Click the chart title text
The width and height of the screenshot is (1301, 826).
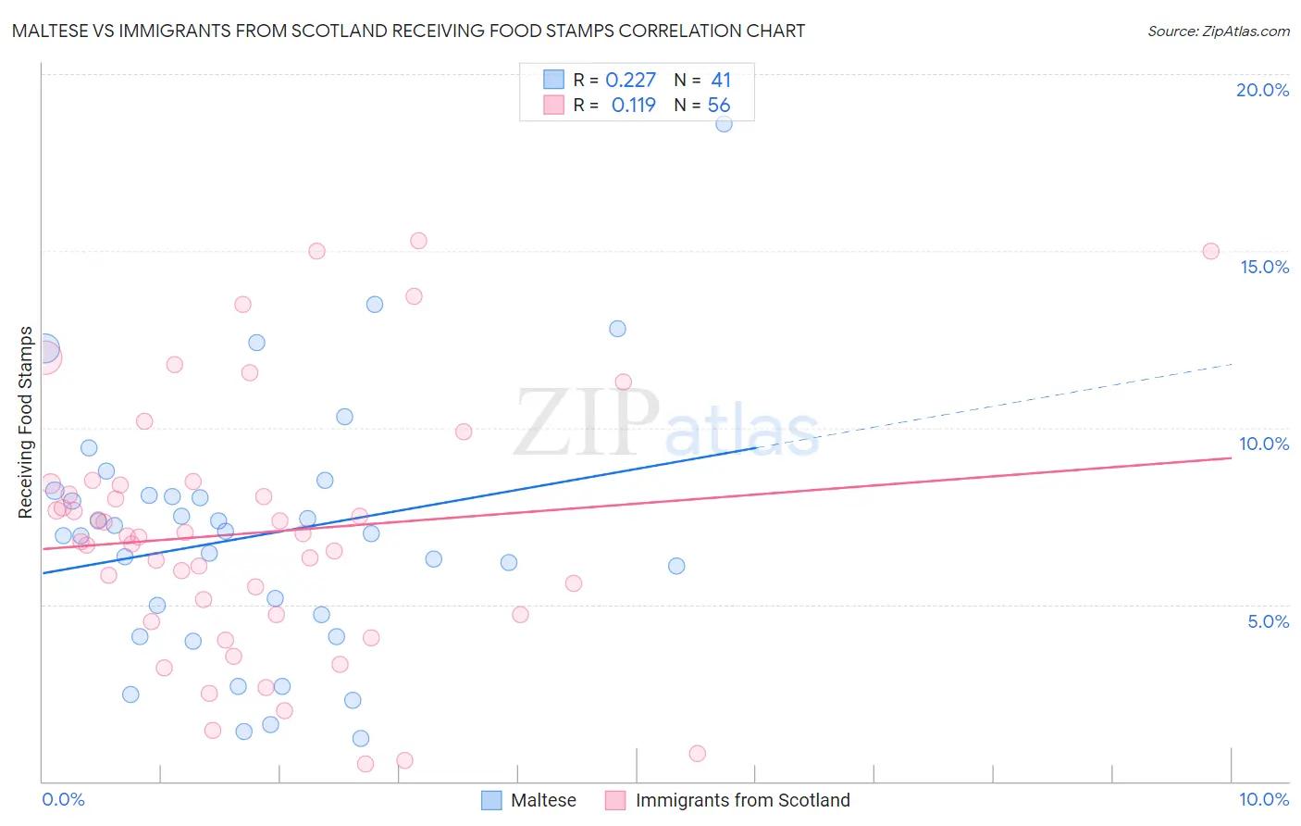408,31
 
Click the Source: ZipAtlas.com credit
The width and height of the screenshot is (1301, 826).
1218,31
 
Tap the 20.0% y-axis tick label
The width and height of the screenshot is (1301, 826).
1262,90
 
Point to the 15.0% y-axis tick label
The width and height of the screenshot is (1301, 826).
1264,267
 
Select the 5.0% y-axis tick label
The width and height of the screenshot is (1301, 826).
1268,621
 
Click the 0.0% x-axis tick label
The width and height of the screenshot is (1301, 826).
63,799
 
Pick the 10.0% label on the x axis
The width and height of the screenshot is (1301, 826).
1263,799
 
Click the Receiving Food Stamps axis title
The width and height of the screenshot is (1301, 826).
25,422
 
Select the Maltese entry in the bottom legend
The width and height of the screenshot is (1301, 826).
543,800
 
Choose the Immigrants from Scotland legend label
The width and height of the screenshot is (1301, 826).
742,800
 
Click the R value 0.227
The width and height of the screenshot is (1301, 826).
630,81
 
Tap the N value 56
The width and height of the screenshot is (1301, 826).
719,106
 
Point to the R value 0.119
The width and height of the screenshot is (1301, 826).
633,106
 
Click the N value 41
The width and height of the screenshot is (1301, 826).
721,81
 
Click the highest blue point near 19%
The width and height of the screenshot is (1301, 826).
724,123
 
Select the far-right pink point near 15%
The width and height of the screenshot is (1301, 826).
1210,251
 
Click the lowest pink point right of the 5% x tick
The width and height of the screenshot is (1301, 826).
698,754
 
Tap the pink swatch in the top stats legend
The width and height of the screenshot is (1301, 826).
553,105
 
